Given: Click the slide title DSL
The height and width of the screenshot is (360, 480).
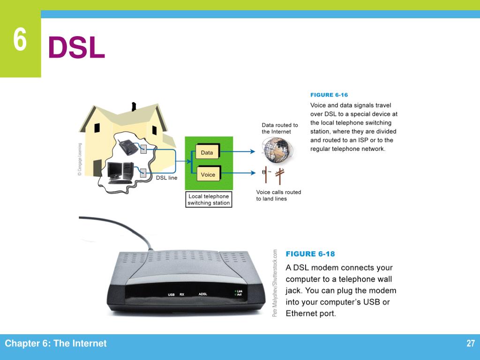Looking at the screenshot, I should pos(76,48).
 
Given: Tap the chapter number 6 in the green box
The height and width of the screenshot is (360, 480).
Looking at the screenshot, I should pos(20,40).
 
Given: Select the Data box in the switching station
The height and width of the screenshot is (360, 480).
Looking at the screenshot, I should pos(207,153).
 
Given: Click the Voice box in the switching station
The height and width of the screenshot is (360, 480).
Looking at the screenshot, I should pos(208,175).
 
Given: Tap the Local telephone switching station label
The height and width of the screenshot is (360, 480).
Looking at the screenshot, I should pos(209,200).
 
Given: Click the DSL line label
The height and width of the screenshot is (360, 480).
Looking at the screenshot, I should pos(166,178).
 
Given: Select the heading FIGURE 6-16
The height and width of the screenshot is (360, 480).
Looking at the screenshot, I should pos(329,95).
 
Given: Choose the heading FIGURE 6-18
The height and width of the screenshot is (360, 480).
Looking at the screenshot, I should pos(310,254).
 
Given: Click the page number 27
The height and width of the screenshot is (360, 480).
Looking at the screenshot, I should pos(471,344).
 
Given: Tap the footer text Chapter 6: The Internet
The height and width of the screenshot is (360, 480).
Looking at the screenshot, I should pos(56,344).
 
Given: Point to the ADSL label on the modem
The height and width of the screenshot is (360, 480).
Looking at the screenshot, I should pos(203,294).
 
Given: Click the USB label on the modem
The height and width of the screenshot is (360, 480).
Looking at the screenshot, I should pos(171,294).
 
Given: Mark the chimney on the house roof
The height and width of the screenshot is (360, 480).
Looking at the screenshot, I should pos(135,106).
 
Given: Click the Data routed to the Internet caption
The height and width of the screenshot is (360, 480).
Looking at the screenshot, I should pos(280,128).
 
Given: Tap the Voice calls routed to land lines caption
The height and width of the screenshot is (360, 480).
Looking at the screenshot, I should pos(278,195).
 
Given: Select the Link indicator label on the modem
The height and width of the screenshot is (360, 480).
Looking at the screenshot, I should pos(239,291).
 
